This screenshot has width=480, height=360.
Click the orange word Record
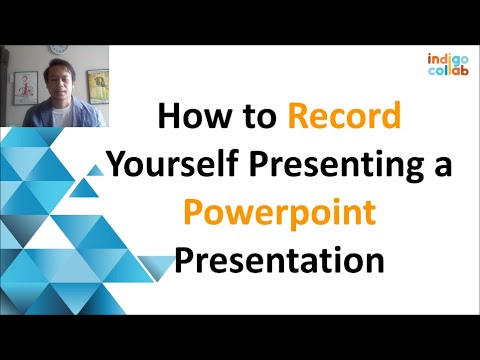[344, 118]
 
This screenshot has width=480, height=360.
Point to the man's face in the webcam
[57, 84]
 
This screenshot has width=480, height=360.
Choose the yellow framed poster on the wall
[97, 84]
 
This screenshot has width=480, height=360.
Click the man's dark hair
[57, 67]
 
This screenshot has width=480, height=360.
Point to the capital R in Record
[301, 118]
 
